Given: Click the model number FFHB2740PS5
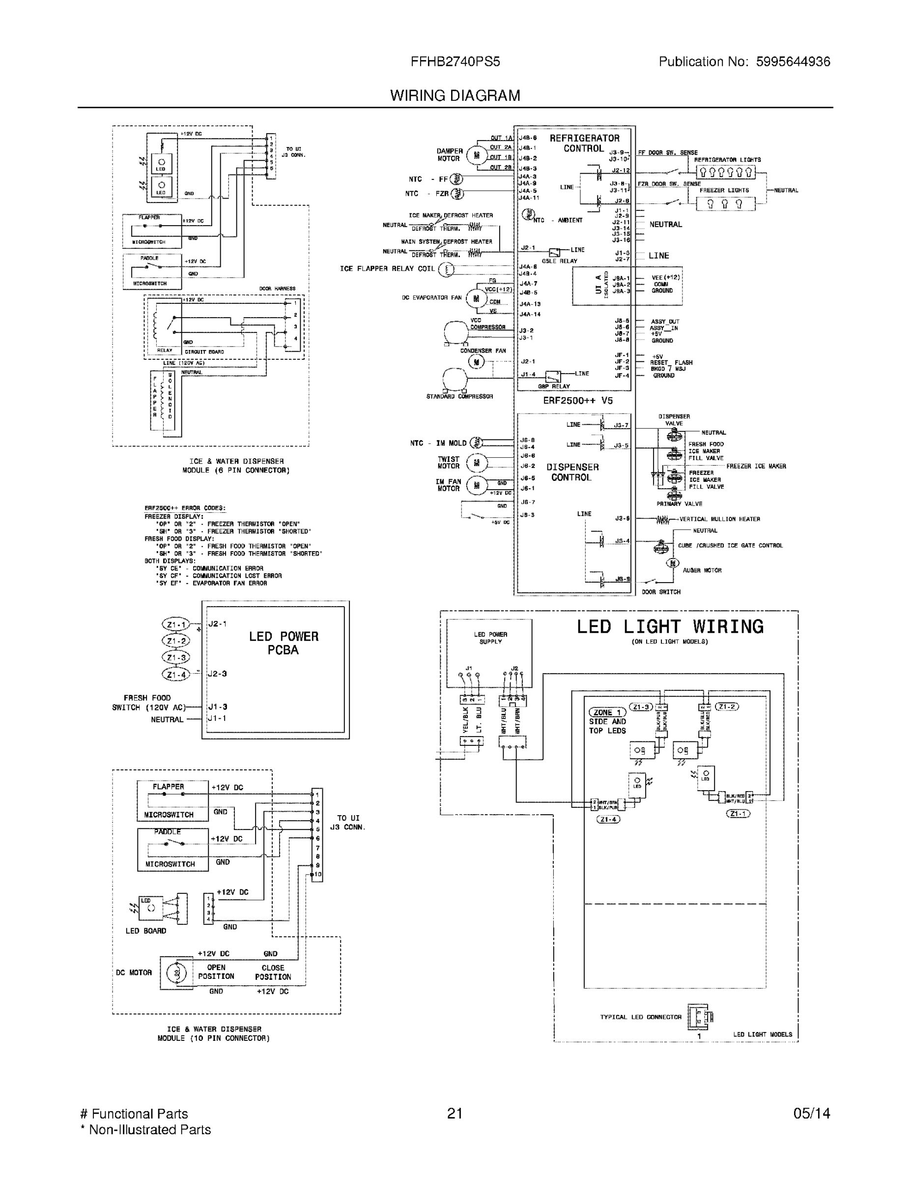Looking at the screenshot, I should pyautogui.click(x=455, y=61).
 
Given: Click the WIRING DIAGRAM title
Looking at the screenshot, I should pyautogui.click(x=455, y=96).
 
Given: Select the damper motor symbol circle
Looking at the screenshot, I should pyautogui.click(x=476, y=155).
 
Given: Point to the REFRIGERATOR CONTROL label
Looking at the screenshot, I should pyautogui.click(x=584, y=143).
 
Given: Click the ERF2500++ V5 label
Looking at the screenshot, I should pyautogui.click(x=577, y=400).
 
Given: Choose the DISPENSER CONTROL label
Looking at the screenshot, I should pyautogui.click(x=572, y=472).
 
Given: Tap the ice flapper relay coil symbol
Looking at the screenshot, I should pyautogui.click(x=446, y=269).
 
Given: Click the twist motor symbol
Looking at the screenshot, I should pyautogui.click(x=476, y=463).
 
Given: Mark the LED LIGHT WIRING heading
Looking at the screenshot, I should pyautogui.click(x=670, y=627).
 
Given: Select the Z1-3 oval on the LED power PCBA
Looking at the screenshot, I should pyautogui.click(x=176, y=657).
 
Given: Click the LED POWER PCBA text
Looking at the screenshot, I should pyautogui.click(x=284, y=643).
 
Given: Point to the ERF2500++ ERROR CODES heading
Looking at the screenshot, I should pyautogui.click(x=185, y=508).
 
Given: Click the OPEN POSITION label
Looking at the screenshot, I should pyautogui.click(x=216, y=972).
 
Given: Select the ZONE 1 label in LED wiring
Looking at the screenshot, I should pyautogui.click(x=607, y=712).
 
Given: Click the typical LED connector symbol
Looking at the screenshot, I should pyautogui.click(x=699, y=1017).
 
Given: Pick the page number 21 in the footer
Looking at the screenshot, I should pyautogui.click(x=455, y=1114).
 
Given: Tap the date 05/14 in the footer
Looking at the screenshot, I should pyautogui.click(x=811, y=1114).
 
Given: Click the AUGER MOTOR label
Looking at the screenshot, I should pyautogui.click(x=702, y=570).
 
